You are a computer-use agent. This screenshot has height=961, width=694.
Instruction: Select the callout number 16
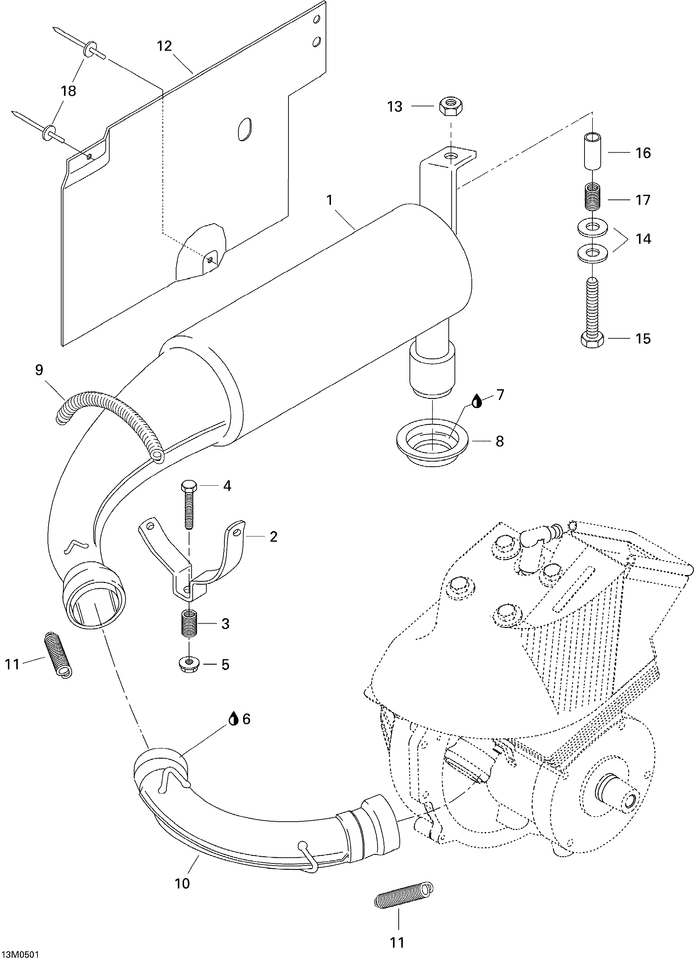tap(643, 153)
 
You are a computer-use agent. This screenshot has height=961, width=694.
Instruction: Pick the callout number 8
tap(500, 441)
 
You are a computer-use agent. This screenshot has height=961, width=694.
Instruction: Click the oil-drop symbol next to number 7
tap(478, 401)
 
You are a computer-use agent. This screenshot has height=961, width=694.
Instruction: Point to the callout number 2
tap(273, 537)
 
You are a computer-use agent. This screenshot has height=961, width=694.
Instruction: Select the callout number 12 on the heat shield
tap(165, 46)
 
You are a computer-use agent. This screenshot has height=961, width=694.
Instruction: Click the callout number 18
tap(69, 91)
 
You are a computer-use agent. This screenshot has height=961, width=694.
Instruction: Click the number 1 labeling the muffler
tap(330, 200)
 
